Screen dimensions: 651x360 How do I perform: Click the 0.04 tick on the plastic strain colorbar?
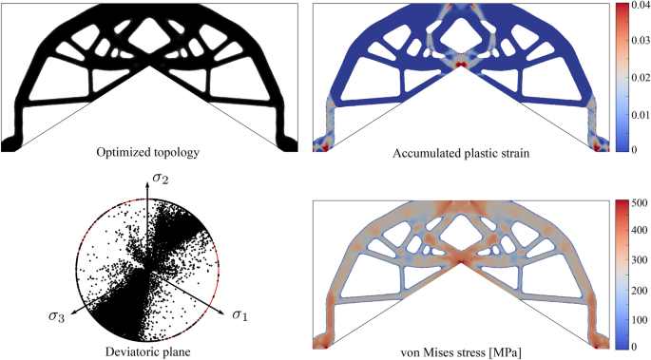(x=640, y=6)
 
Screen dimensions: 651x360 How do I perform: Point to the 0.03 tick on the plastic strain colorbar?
(x=640, y=41)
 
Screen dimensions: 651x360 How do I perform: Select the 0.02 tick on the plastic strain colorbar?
(x=640, y=78)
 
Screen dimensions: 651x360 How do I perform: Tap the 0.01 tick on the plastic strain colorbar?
(x=640, y=114)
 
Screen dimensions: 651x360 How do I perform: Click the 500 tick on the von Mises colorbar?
(x=638, y=203)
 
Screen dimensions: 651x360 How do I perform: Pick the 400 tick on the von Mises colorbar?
(x=638, y=231)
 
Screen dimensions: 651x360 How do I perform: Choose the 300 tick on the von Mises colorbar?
(x=638, y=260)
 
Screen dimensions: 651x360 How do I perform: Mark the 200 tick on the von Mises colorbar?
(x=638, y=291)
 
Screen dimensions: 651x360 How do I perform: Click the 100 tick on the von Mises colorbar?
(x=638, y=320)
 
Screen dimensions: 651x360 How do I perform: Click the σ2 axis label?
(x=161, y=179)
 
